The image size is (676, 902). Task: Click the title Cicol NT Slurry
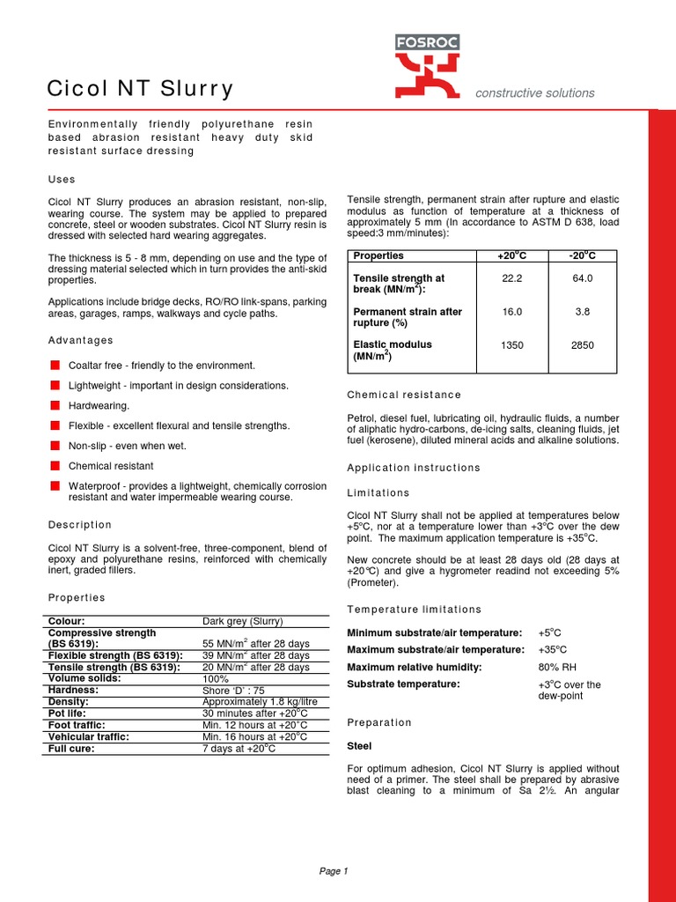[140, 88]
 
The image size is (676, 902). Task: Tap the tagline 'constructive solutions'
[534, 92]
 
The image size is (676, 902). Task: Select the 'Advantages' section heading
[80, 340]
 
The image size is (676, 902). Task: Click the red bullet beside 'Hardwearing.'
[55, 405]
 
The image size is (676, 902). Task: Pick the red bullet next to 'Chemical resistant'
[55, 465]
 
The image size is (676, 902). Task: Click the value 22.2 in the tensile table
[511, 278]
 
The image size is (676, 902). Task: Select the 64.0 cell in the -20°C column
[582, 278]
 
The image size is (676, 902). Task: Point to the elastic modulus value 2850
[582, 345]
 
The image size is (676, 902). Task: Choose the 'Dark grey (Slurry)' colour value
[243, 621]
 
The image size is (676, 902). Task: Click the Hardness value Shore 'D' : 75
[235, 690]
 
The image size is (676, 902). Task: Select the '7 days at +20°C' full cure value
[239, 748]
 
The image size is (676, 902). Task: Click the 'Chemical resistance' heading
[404, 395]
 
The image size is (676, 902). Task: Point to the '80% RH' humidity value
[557, 667]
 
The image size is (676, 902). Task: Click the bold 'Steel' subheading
[360, 746]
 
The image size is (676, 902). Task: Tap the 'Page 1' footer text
[334, 871]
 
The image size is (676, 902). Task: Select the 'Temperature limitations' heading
[415, 609]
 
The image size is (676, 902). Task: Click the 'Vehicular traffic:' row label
[88, 736]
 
